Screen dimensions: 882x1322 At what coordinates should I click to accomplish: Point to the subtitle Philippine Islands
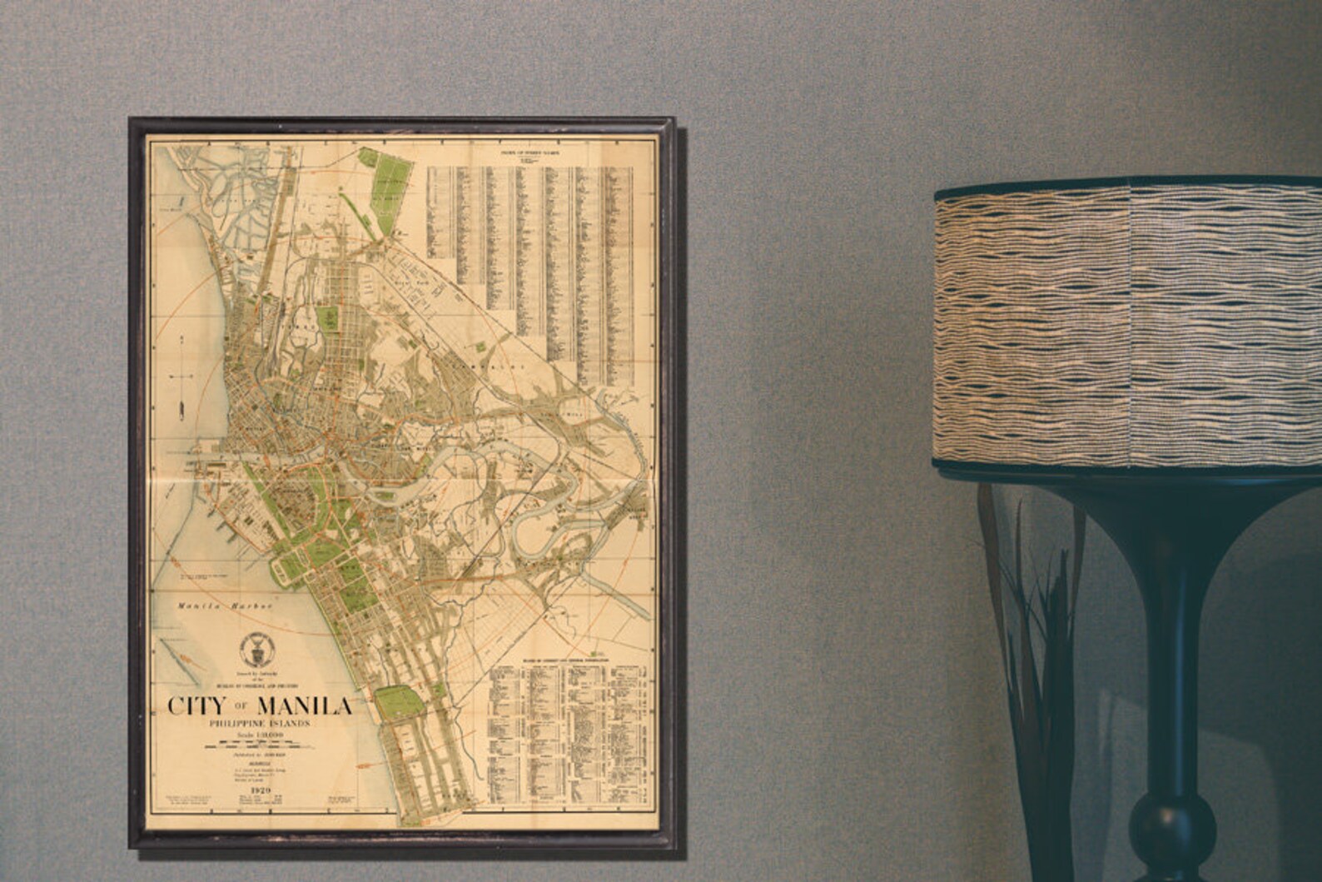259,724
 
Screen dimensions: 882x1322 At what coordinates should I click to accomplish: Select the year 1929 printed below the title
260,788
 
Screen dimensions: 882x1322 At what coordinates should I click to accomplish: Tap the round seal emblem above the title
252,645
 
